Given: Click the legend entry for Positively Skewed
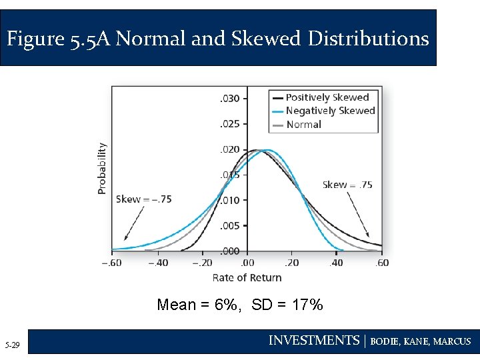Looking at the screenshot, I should (x=327, y=97).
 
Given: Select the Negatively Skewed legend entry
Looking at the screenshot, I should (x=330, y=111).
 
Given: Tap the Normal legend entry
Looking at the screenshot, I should (x=303, y=124).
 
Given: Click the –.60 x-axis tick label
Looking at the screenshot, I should (x=113, y=263).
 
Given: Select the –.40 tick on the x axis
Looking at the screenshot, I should (x=158, y=263).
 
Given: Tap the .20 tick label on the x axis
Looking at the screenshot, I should (x=292, y=263).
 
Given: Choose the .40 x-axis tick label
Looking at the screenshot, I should (x=337, y=263).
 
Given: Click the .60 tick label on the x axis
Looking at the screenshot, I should (x=382, y=263).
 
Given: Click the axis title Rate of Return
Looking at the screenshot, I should (x=247, y=277).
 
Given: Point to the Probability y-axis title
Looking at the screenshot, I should (x=102, y=169).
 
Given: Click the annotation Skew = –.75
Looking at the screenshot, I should (x=144, y=199).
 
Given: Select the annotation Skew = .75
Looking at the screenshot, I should (x=347, y=185).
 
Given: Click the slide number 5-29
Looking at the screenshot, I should (x=12, y=345).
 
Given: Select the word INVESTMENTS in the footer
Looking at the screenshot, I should (x=313, y=341).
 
